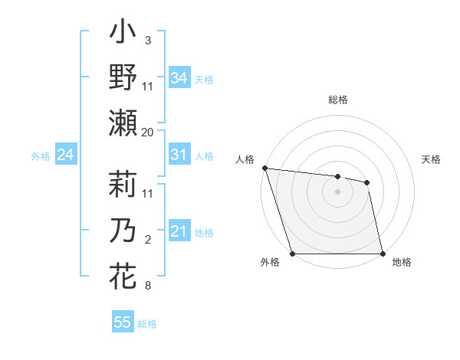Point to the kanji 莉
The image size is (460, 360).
point(123,186)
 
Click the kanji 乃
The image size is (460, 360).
point(123,231)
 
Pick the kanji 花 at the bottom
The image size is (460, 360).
point(123,275)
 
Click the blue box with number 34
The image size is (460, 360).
point(179,77)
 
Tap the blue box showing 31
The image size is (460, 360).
point(179,155)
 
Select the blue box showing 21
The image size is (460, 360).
point(179,231)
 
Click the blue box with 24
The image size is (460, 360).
point(65,155)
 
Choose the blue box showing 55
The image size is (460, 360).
point(122,322)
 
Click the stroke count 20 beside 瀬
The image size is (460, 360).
point(148,132)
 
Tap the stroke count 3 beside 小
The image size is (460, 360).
point(147,39)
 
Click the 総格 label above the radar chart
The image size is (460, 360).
point(337,100)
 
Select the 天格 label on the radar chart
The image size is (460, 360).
point(432,159)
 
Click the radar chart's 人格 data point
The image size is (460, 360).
point(264,168)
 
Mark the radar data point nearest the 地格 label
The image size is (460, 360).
point(383,254)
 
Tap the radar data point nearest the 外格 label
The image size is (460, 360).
point(292,254)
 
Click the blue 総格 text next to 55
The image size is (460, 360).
point(147,324)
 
